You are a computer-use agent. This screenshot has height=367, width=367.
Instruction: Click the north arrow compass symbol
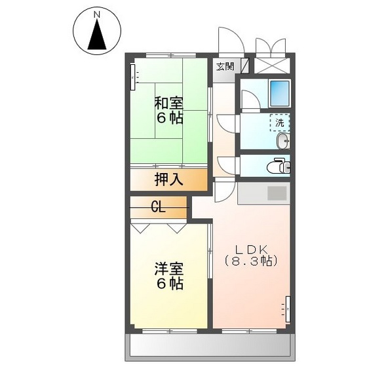pos(98,33)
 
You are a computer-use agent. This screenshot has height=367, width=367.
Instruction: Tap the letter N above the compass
pos(97,14)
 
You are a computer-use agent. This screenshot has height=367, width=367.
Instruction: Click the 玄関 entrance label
pos(225,66)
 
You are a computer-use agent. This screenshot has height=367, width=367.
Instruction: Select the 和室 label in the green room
pos(168,103)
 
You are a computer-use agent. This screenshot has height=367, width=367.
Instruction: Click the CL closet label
pos(158,208)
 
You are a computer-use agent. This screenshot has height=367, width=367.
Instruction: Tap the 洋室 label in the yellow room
pos(168,269)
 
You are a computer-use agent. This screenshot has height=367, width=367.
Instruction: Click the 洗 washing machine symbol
pos(280,123)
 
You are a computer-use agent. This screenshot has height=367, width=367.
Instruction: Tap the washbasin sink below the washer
pos(282,142)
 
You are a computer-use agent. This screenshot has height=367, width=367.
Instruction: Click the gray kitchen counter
pos(263,195)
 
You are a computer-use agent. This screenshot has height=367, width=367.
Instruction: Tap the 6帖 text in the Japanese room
pos(168,119)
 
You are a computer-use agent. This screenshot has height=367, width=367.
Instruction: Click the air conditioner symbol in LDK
pos(287,308)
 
